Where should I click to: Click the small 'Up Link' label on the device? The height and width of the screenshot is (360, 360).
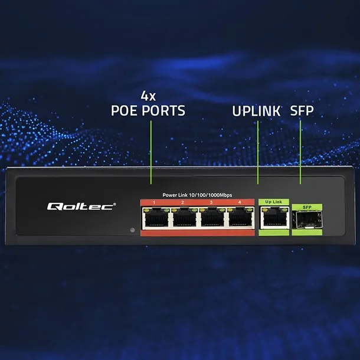273,202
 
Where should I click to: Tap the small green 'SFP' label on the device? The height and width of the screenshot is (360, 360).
306,207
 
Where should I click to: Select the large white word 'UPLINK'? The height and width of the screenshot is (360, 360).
256,110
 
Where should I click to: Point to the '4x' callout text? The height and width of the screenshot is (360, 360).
148,95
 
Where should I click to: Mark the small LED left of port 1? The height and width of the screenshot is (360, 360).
132,229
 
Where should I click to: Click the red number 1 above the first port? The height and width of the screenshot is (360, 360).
154,202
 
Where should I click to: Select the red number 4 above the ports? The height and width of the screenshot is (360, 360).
240,202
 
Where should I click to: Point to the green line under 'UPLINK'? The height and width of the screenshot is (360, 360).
258,153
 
